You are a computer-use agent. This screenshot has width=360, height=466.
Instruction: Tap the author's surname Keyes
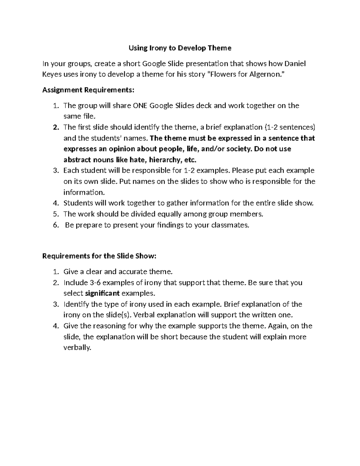click(52, 74)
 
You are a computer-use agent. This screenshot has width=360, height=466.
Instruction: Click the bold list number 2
click(55, 127)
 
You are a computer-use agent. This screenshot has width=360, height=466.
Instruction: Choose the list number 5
click(55, 214)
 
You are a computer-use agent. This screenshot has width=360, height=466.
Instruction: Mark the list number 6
click(55, 225)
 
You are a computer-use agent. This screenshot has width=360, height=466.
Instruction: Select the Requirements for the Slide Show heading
click(99, 256)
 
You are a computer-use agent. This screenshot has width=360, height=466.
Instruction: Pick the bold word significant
click(103, 293)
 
